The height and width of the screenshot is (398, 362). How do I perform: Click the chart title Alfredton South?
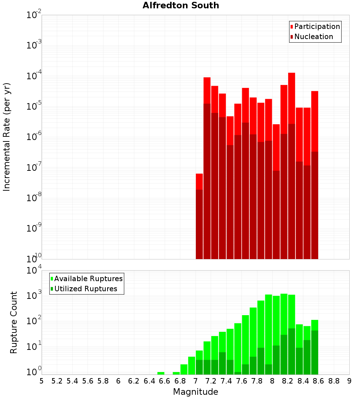(x=181, y=5)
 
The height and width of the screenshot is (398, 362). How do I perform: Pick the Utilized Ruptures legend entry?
(x=85, y=289)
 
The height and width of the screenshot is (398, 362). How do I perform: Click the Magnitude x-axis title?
(x=195, y=392)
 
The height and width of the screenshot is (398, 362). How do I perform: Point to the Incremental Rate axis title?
(x=7, y=137)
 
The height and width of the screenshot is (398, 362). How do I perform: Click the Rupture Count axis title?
(x=14, y=322)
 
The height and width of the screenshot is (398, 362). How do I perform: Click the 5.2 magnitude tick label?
(x=57, y=381)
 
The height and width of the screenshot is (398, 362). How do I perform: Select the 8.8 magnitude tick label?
(x=334, y=381)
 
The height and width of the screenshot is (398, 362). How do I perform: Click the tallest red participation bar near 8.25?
(x=292, y=98)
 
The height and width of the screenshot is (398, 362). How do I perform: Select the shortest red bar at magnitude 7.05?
(x=199, y=181)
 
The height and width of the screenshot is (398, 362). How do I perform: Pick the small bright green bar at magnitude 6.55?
(x=161, y=373)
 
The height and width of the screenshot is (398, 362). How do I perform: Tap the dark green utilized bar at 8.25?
(x=292, y=351)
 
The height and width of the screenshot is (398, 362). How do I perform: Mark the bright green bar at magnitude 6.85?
(x=184, y=369)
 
